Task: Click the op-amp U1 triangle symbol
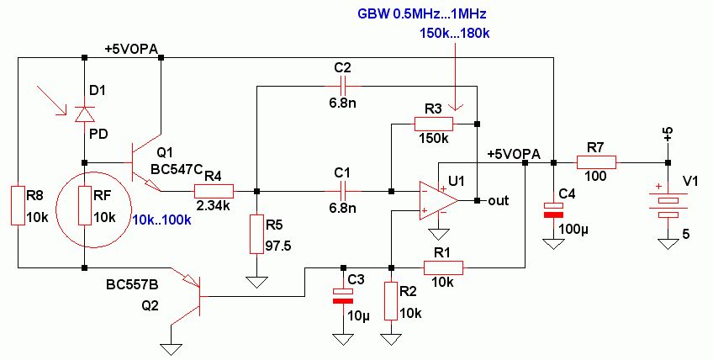pos(437,201)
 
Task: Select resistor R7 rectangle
pos(595,162)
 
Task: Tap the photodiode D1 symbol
pos(84,113)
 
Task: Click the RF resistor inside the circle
pos(84,206)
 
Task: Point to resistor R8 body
pos(18,206)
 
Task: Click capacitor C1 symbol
pos(342,191)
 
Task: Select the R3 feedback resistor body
pos(433,124)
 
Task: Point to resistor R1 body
pos(443,267)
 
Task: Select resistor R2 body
pos(391,302)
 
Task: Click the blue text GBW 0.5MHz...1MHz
pos(422,15)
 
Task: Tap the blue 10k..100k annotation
pos(162,220)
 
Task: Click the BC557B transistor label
pos(132,286)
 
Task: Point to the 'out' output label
pos(498,201)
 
